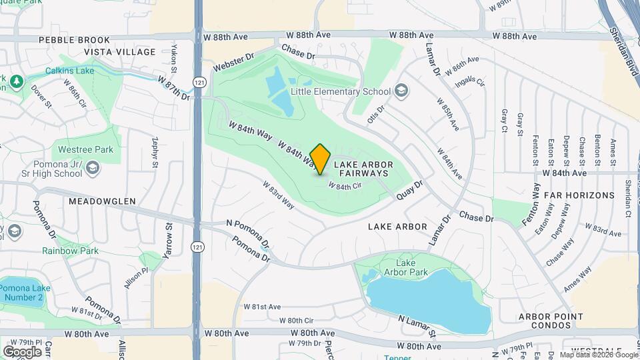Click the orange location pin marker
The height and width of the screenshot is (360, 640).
coord(320,159)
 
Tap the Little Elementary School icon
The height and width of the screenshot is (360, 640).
coord(401,90)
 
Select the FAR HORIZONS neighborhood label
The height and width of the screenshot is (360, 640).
coord(579,195)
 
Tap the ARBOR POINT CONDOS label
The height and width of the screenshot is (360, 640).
coord(552,321)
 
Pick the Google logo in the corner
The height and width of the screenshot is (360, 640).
coord(22,351)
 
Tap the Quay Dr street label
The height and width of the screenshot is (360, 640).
coord(409,190)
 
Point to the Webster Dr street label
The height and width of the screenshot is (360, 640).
coord(234,63)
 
